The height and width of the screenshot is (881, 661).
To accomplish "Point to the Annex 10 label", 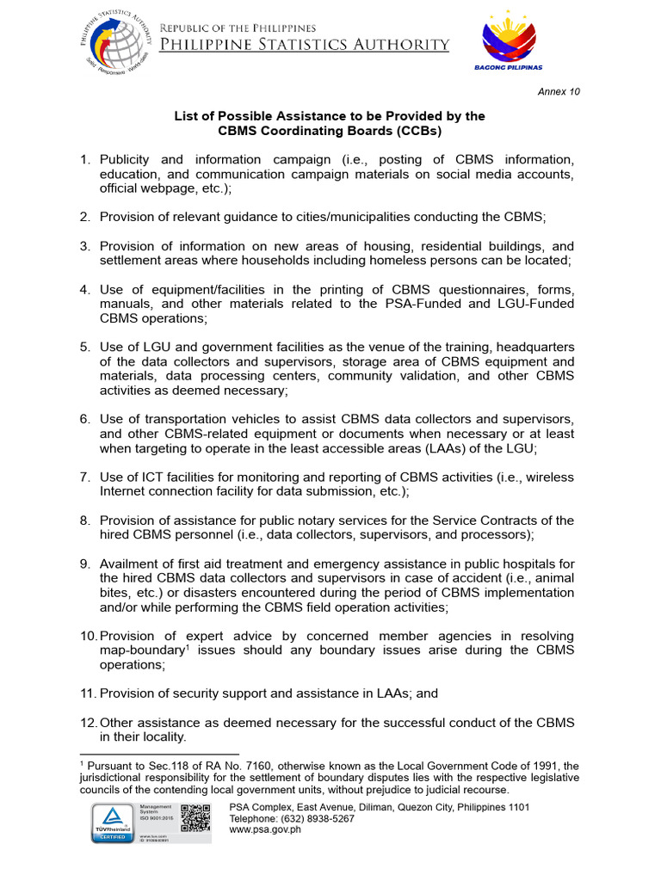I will [x=559, y=91].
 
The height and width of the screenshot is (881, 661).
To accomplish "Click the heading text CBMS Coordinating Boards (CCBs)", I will [x=330, y=132].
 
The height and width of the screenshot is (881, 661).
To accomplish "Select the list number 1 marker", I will [x=84, y=160].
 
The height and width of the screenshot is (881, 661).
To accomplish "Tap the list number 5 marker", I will [x=84, y=347].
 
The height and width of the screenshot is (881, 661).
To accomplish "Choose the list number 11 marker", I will [x=87, y=693].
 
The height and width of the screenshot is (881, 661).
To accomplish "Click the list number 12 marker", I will [x=87, y=723].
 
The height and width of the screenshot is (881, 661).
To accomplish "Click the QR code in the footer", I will [x=196, y=817].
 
